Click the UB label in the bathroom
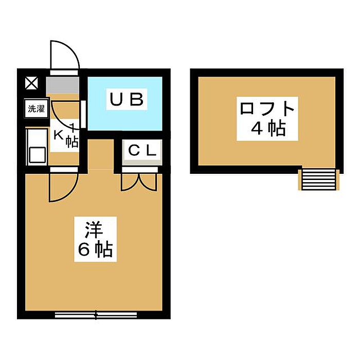click(127, 99)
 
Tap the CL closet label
click(142, 151)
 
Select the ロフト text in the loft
click(267, 109)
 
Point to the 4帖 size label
click(268, 129)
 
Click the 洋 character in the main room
click(94, 230)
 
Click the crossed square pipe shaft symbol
click(31, 83)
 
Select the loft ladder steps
click(319, 179)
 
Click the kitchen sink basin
click(37, 155)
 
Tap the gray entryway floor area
click(63, 85)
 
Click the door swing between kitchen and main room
click(64, 187)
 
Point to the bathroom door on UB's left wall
click(83, 114)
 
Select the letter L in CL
click(152, 151)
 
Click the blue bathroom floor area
click(125, 103)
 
